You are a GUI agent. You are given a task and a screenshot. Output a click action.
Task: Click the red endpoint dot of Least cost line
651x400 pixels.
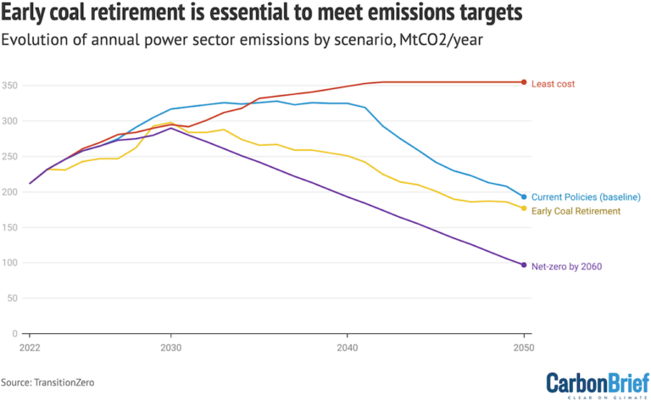[x=524, y=82]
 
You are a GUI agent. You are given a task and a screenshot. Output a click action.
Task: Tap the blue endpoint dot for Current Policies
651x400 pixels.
[x=524, y=197]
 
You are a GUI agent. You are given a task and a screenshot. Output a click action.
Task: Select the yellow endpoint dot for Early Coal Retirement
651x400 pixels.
[x=524, y=208]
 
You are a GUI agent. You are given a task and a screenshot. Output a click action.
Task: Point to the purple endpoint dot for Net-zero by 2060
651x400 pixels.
[x=524, y=265]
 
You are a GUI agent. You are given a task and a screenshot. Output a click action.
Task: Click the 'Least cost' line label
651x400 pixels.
[x=553, y=83]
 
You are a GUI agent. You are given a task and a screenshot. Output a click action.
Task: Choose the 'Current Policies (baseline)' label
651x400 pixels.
[x=586, y=197]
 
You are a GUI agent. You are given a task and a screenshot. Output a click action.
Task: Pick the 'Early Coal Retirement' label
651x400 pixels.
[x=576, y=211]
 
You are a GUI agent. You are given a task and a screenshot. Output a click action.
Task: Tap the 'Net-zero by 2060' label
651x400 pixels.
[x=566, y=266]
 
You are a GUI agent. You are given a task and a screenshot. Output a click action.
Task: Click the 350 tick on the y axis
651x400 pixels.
[x=9, y=86]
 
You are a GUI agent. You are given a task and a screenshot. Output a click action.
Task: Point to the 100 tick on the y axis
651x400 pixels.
[x=9, y=263]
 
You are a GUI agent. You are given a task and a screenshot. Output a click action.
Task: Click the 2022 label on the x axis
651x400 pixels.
[x=31, y=347]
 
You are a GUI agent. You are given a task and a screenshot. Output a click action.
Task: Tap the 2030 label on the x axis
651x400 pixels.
[x=171, y=347]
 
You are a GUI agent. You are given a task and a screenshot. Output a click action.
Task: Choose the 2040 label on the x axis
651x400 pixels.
[x=347, y=347]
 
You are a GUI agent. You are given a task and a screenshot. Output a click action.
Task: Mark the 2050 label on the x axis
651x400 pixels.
[x=523, y=347]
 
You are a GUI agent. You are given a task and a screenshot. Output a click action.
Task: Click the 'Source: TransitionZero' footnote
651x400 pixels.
[x=47, y=383]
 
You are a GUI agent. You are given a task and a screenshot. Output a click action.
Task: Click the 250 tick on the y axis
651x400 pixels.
[x=9, y=157]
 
